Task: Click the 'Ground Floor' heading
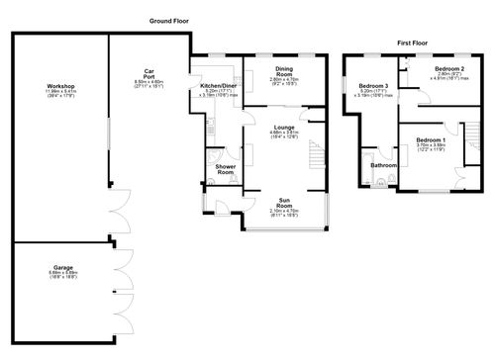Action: [170, 21]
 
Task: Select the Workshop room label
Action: [61, 87]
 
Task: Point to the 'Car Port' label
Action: [148, 72]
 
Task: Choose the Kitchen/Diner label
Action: [218, 86]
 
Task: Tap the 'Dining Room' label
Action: [284, 72]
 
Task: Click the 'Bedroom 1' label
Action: [431, 139]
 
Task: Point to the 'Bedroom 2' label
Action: [448, 68]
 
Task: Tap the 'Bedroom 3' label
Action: [372, 86]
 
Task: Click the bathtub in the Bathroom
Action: [368, 170]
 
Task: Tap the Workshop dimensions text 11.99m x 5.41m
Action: [61, 93]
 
